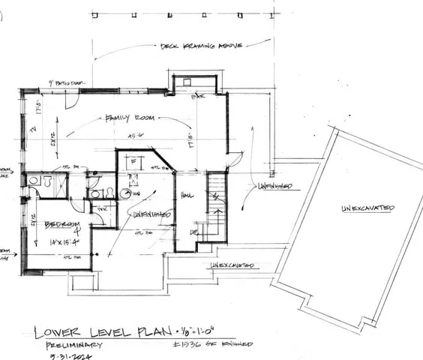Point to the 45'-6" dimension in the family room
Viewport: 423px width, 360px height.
pos(136,136)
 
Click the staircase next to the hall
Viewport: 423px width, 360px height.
pos(215,202)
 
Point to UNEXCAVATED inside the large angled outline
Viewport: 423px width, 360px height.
pos(368,208)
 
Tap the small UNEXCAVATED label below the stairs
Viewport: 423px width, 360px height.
pos(232,265)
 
